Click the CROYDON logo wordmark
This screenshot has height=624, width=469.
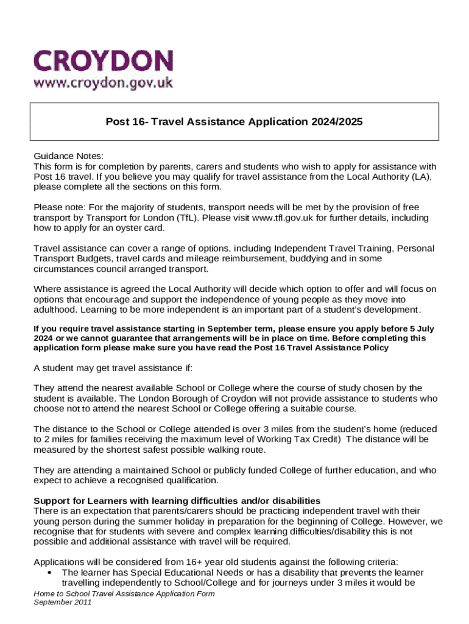(103, 61)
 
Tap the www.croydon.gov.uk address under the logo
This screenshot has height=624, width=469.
(103, 82)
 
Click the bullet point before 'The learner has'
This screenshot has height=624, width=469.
(48, 573)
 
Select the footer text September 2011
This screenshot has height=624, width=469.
(62, 602)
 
